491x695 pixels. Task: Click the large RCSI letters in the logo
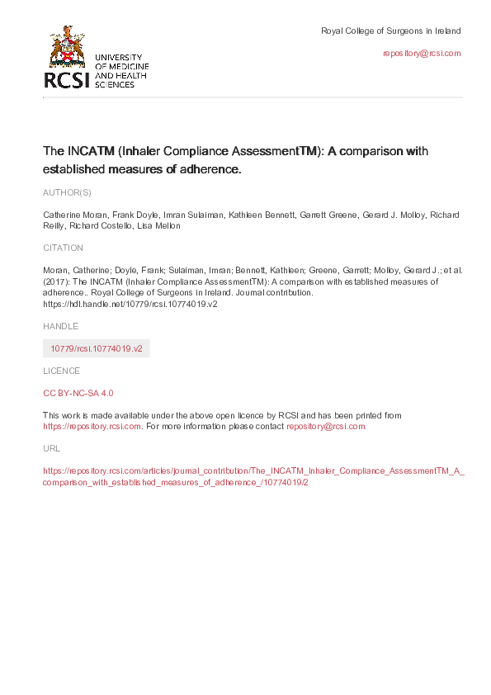pyautogui.click(x=68, y=79)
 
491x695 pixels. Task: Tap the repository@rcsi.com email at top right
pyautogui.click(x=422, y=53)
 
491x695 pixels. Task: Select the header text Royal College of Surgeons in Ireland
pyautogui.click(x=390, y=31)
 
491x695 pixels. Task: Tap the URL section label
pyautogui.click(x=50, y=448)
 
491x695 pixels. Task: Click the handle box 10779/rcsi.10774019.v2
pyautogui.click(x=97, y=348)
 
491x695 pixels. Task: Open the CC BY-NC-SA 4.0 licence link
pyautogui.click(x=78, y=394)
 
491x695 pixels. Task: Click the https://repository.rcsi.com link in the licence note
pyautogui.click(x=92, y=427)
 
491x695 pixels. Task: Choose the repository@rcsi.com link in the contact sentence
pyautogui.click(x=325, y=427)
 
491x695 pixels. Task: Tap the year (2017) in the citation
pyautogui.click(x=55, y=281)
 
